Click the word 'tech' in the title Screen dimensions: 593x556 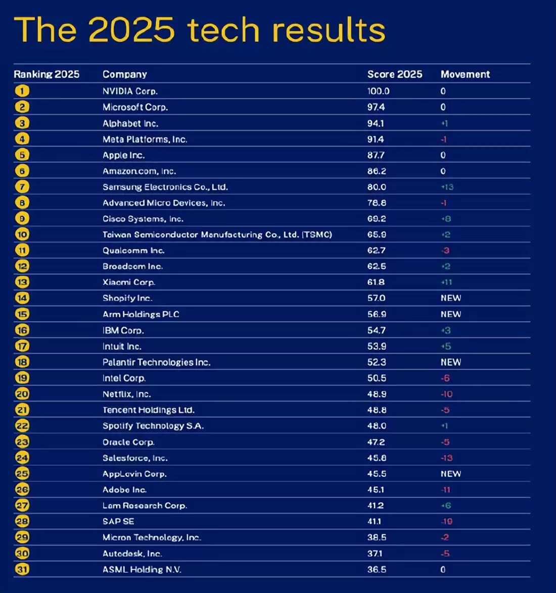click(223, 30)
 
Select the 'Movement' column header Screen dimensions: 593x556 click(465, 74)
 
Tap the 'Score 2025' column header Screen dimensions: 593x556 click(394, 74)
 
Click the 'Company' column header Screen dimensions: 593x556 click(124, 74)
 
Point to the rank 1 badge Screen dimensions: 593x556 click(22, 91)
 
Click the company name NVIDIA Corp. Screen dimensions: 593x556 click(130, 91)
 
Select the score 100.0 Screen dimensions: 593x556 click(378, 91)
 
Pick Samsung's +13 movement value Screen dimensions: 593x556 click(447, 187)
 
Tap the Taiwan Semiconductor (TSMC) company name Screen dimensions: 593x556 click(217, 234)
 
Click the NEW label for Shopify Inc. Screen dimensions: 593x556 click(450, 298)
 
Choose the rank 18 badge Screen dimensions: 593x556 click(22, 362)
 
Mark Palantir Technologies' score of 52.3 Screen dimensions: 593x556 click(376, 362)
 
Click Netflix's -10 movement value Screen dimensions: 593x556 click(446, 394)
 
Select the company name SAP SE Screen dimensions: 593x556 click(118, 521)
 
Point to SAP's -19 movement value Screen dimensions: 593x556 click(446, 521)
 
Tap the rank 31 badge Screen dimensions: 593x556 click(22, 569)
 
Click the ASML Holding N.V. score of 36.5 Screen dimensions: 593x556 click(376, 569)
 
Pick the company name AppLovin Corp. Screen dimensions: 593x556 click(134, 474)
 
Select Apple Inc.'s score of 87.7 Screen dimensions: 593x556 click(376, 155)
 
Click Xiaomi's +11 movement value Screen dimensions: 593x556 click(446, 282)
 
